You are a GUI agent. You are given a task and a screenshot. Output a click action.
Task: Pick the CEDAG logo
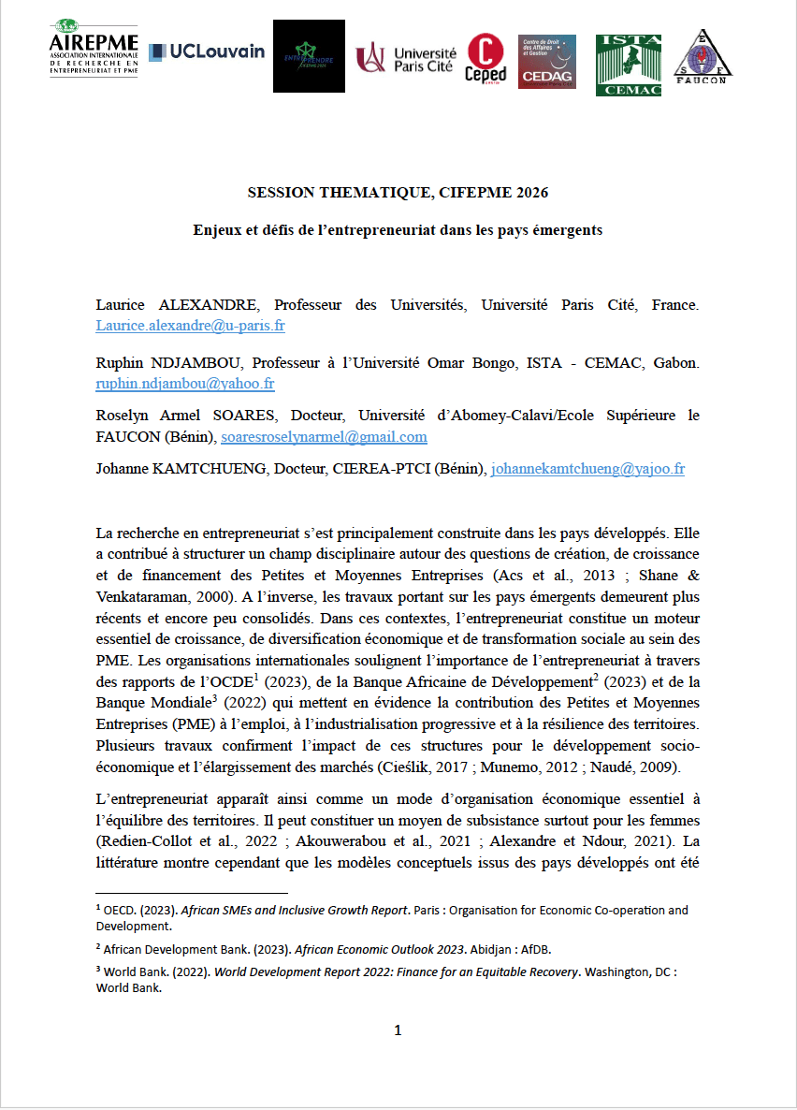pos(547,62)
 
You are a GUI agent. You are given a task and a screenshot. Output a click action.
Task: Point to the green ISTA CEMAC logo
pos(629,65)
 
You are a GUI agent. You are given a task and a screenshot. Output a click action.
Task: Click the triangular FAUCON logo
pos(703,59)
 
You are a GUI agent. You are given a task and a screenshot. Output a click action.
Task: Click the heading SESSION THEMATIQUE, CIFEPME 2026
pos(398,193)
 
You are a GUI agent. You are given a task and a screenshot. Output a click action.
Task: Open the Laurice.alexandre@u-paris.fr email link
pos(190,327)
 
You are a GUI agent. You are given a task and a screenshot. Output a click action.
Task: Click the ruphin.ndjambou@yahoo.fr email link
pos(184,384)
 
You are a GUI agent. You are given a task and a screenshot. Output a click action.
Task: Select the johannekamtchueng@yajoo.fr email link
pos(587,469)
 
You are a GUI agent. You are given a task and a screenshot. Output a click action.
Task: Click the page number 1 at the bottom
pos(398,1031)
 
